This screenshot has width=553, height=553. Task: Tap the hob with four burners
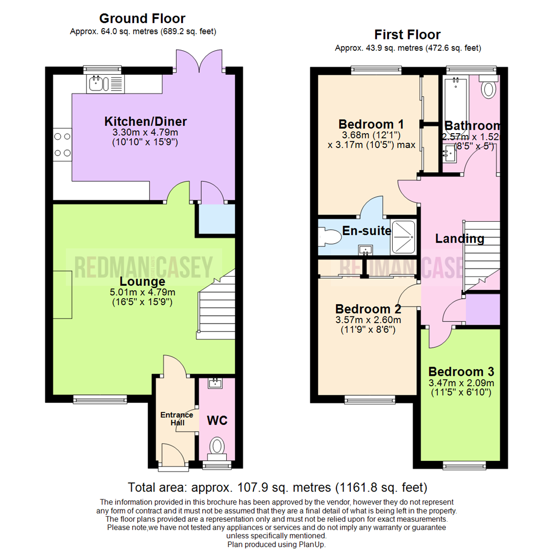point(62,144)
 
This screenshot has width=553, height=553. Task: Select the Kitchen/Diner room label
point(145,122)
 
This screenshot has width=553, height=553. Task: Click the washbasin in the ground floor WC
point(215,383)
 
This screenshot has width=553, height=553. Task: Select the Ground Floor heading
point(142,19)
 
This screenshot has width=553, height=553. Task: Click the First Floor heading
point(407,35)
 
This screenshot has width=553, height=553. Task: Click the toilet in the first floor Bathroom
point(488,90)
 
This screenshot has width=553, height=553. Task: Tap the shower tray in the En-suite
point(404,238)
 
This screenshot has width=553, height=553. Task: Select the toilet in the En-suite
point(328,238)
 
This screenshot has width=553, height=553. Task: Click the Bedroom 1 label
point(371,124)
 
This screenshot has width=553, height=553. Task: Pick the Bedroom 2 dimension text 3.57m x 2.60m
point(368,320)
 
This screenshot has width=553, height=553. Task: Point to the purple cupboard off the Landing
point(482,309)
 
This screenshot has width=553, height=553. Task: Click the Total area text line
point(277,486)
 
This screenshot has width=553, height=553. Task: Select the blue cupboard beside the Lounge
point(216,218)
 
